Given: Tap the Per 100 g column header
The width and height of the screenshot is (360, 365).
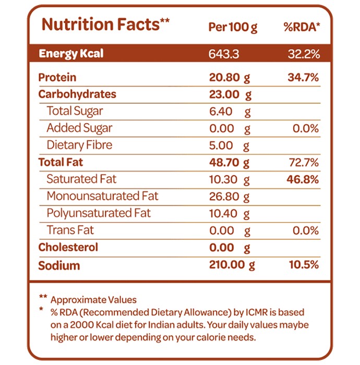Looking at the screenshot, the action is (233, 28).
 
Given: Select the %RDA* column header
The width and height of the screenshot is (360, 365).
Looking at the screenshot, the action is (302, 27).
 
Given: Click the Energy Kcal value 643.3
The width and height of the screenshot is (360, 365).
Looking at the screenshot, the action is (224, 54).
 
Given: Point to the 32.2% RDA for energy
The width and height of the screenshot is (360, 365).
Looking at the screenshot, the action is (304, 54).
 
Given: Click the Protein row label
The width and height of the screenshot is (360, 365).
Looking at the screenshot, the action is (57, 77).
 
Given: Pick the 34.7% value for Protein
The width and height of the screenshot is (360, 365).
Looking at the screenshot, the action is (303, 77).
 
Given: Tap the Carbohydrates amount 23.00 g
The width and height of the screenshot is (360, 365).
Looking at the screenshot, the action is (230, 95).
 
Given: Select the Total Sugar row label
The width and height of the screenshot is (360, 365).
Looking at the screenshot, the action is (75, 111).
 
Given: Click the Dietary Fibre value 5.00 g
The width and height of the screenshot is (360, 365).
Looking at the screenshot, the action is (229, 145).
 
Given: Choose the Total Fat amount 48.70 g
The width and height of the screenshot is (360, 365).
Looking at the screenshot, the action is (229, 163).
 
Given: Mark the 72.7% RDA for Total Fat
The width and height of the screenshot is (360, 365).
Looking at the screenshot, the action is (304, 162).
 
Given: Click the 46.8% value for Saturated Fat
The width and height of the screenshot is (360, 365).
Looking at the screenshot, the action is (303, 179).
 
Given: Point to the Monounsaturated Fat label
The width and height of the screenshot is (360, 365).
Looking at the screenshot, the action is (102, 196).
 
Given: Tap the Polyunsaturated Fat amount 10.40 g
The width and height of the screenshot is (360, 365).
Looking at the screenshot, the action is (230, 214).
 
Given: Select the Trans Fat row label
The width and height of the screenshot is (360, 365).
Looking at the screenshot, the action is (70, 230).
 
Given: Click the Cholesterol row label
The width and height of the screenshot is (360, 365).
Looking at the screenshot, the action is (68, 247).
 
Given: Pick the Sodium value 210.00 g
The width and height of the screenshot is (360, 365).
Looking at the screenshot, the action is (232, 265).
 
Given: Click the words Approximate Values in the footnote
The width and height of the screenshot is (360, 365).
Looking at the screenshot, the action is (93, 300).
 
